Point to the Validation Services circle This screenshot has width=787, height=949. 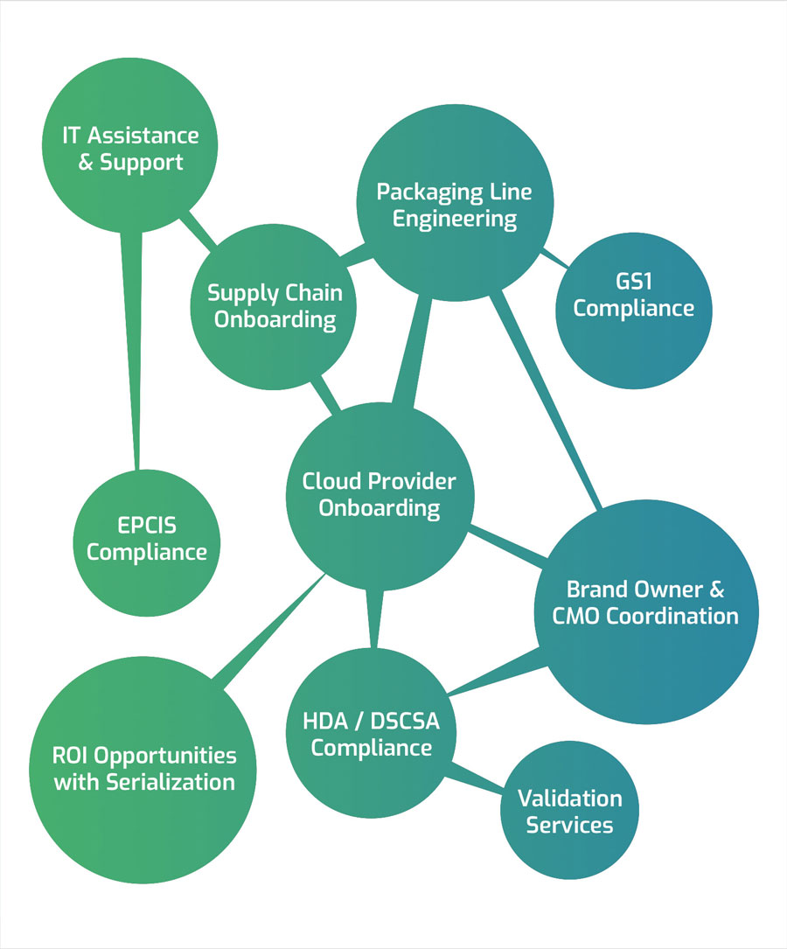[x=569, y=812]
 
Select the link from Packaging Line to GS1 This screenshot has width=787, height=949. [x=554, y=257]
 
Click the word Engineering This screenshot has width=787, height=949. [x=455, y=219]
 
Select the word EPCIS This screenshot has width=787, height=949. [x=147, y=527]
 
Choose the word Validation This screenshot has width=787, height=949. [x=569, y=799]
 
